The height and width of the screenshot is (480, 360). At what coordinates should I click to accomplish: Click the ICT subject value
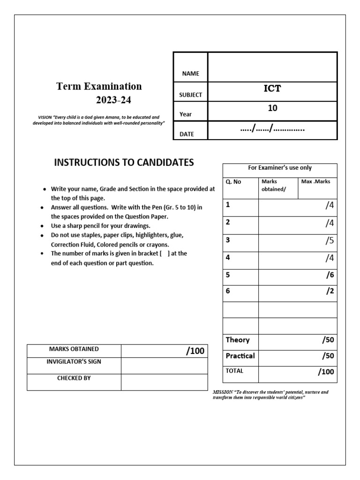tap(272, 89)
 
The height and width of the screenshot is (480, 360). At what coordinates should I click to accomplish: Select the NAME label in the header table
tap(190, 74)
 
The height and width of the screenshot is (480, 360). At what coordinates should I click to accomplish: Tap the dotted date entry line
tap(272, 128)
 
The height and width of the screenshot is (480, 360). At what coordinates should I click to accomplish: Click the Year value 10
tap(272, 108)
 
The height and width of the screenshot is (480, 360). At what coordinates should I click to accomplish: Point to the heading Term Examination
tap(99, 86)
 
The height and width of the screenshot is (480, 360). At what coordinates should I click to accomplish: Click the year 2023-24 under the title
tap(111, 100)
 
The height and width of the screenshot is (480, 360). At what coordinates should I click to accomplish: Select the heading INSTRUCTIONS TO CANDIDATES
tap(124, 163)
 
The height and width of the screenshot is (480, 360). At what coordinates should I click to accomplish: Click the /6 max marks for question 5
tap(330, 276)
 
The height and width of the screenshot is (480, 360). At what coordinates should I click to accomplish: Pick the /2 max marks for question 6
tap(330, 291)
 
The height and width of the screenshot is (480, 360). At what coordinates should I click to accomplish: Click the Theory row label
tap(238, 340)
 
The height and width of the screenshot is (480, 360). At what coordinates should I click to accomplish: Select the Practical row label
tap(240, 356)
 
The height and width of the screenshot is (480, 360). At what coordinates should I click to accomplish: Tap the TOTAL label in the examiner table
tap(234, 371)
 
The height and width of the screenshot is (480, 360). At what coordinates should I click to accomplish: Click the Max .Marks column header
tap(315, 182)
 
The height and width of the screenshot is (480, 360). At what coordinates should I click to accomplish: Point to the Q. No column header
tap(233, 182)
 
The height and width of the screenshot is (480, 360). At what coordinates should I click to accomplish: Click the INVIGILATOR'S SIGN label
tap(74, 361)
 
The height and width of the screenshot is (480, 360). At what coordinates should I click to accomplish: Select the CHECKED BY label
tap(74, 378)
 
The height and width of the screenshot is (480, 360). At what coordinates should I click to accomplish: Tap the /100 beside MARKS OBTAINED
tap(195, 351)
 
